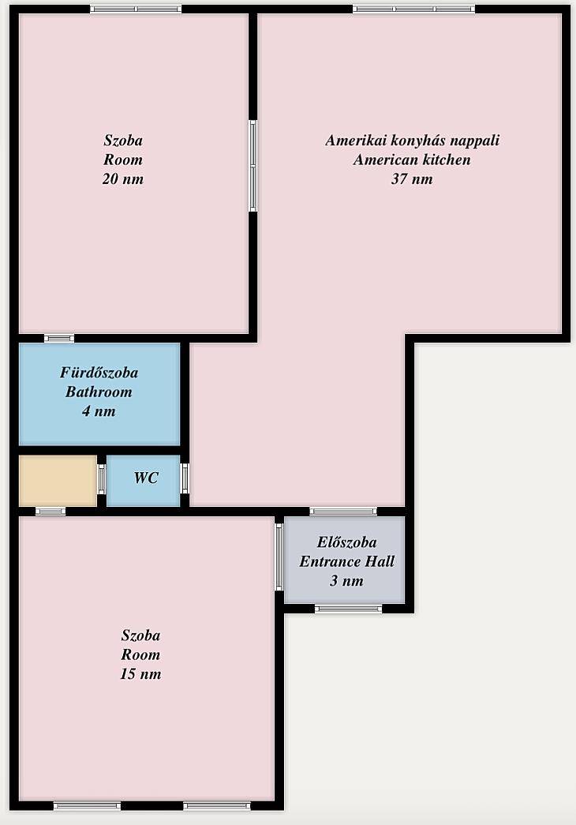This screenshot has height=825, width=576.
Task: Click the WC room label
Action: tap(146, 478)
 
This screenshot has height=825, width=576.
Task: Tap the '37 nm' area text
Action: tap(412, 179)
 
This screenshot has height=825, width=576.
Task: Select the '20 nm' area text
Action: tap(122, 179)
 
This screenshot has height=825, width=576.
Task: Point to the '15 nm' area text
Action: tap(140, 674)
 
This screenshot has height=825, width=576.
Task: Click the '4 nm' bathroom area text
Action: tap(99, 411)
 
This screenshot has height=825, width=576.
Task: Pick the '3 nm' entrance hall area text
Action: tap(346, 581)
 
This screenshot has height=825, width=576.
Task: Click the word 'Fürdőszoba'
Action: tap(99, 373)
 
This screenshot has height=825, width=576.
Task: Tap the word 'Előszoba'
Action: tap(346, 542)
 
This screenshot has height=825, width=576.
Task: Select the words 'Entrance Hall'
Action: tap(346, 561)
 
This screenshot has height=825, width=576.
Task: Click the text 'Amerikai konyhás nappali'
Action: tap(412, 141)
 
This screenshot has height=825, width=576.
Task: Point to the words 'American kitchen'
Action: tap(412, 159)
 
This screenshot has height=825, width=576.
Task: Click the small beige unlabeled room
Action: tap(58, 481)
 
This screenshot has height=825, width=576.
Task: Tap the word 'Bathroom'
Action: tap(99, 392)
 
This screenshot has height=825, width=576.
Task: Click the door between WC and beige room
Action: tap(102, 478)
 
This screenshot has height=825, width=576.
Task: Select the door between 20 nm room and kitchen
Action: tap(253, 166)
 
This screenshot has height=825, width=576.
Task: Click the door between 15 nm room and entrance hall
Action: tap(279, 557)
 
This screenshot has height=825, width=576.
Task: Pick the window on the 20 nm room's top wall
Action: tap(136, 9)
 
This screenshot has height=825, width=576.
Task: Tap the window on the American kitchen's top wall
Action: tap(414, 9)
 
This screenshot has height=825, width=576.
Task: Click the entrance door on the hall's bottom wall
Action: tap(349, 609)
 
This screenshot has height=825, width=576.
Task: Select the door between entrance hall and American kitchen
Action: tap(343, 511)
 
